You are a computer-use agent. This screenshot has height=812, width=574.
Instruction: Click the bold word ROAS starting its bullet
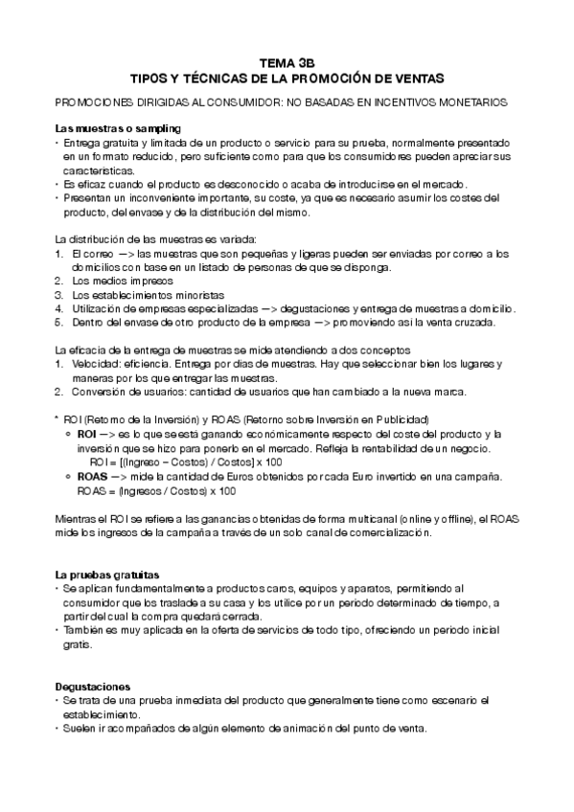pos(92,475)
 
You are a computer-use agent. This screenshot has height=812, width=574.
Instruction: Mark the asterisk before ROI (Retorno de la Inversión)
pos(57,419)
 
